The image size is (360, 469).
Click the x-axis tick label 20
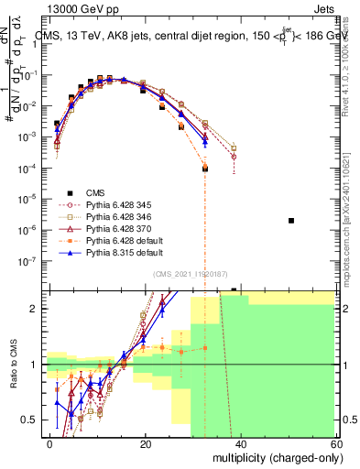click(x=146, y=442)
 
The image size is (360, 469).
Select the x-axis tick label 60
click(x=337, y=442)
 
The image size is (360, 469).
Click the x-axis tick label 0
click(x=50, y=442)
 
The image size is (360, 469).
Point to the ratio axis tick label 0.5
click(x=34, y=420)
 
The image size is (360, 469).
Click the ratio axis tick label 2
click(x=38, y=309)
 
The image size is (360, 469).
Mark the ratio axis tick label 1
click(x=38, y=365)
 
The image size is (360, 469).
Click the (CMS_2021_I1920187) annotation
click(x=191, y=273)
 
